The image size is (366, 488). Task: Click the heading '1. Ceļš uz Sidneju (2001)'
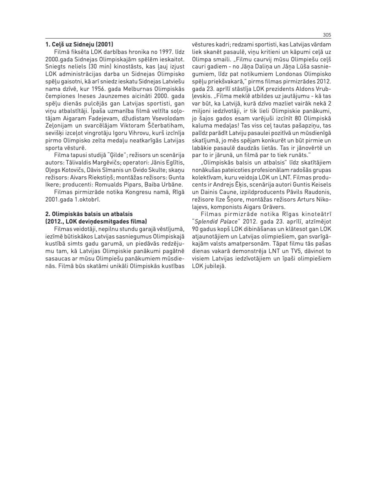[x=79, y=44]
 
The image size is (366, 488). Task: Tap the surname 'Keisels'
[x=320, y=184]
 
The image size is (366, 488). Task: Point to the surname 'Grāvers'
[x=274, y=207]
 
